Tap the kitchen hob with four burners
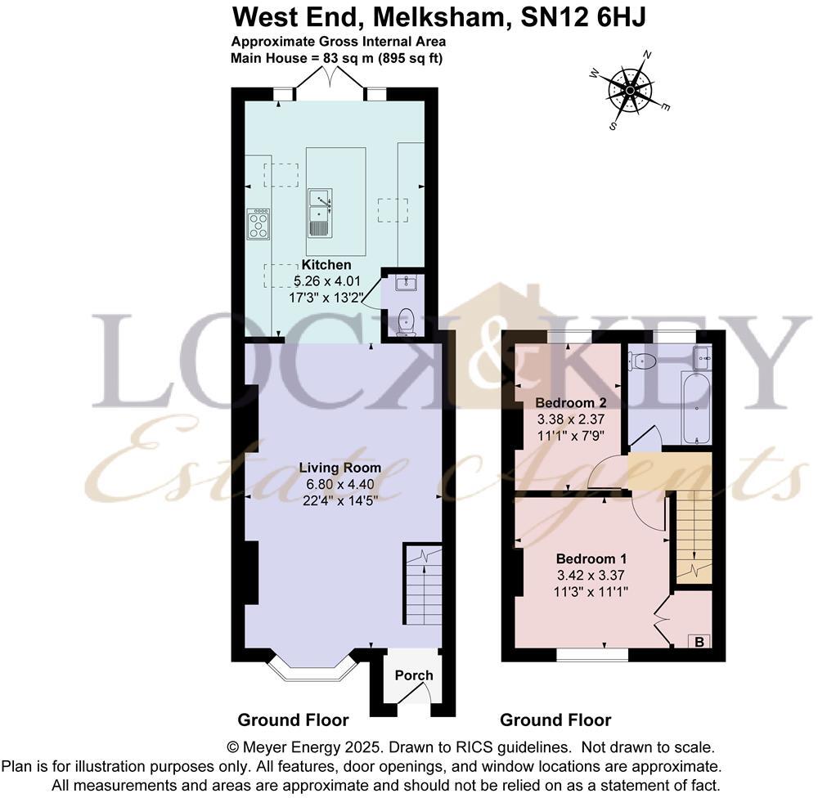click(258, 223)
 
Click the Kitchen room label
click(326, 265)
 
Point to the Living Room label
click(339, 468)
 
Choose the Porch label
click(414, 675)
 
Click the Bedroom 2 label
click(569, 402)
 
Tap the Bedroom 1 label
click(586, 558)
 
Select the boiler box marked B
click(699, 642)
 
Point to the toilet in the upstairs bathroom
click(644, 361)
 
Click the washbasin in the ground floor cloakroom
click(407, 283)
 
